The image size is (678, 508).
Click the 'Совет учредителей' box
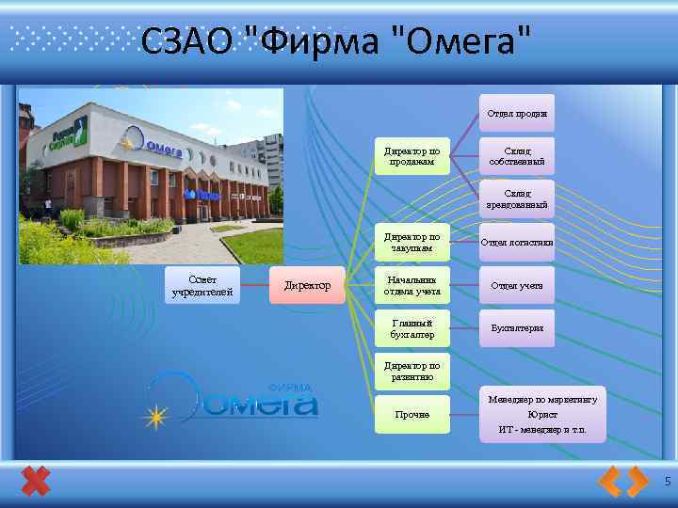(x=202, y=286)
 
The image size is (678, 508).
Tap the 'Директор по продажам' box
(x=412, y=155)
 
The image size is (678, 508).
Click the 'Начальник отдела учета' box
(x=412, y=285)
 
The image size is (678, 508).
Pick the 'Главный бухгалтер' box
(x=412, y=328)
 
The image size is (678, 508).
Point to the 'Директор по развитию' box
(x=412, y=372)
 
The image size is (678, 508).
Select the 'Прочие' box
(x=412, y=414)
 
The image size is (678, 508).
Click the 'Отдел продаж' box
(x=517, y=113)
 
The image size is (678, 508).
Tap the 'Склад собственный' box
(x=517, y=155)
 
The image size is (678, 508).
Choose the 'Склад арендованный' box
(x=517, y=198)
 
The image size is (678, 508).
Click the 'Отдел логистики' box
(x=517, y=243)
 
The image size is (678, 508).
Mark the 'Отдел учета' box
(x=517, y=285)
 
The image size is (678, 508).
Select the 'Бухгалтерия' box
(x=517, y=328)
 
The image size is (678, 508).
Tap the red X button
(x=35, y=482)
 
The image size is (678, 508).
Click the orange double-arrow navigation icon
(x=623, y=482)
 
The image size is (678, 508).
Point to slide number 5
(x=667, y=482)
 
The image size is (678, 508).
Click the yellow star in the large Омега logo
(x=154, y=415)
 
